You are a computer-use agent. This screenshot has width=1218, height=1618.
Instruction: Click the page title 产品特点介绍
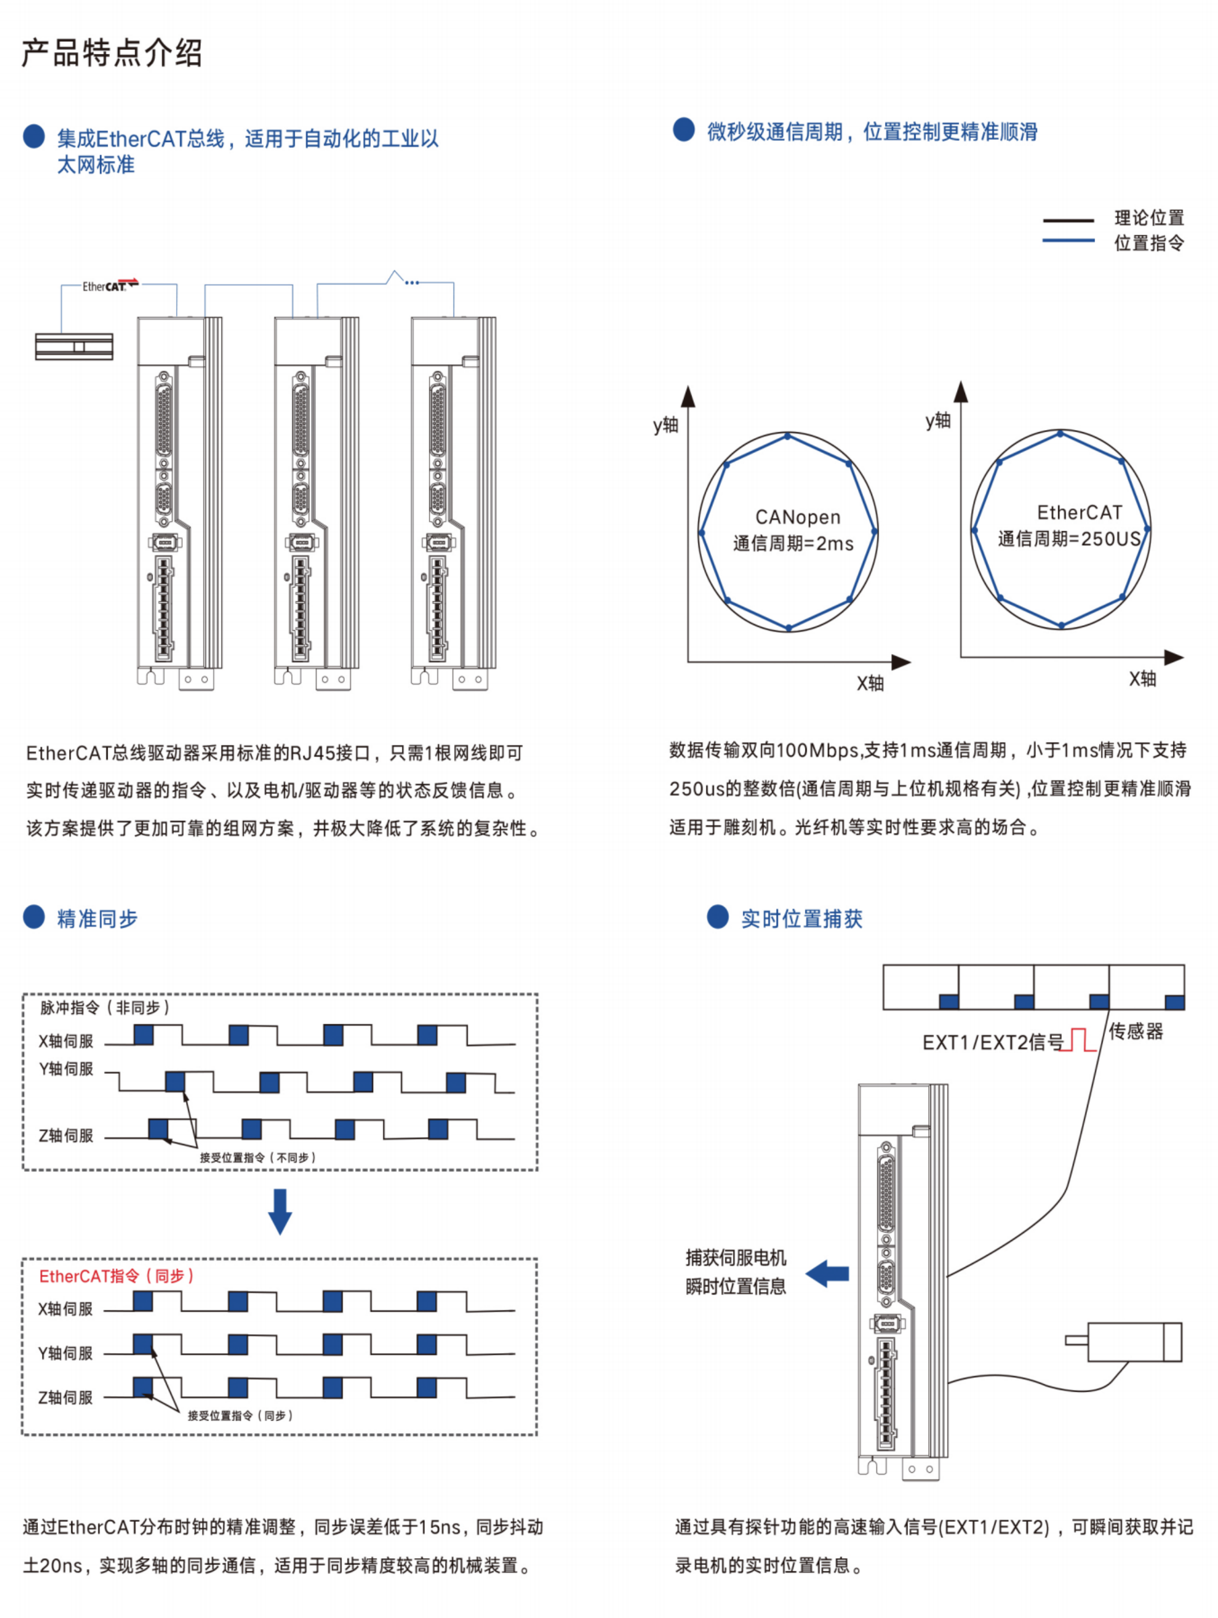(x=111, y=53)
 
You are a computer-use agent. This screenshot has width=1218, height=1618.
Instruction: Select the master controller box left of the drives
(x=74, y=346)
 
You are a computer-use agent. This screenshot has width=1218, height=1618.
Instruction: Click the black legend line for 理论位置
(x=1067, y=220)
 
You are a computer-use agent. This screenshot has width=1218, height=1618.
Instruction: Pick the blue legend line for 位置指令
(x=1067, y=240)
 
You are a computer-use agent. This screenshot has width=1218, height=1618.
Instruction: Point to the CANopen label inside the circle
(x=797, y=517)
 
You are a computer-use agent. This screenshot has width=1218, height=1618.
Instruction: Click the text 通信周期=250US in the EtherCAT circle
(x=1069, y=539)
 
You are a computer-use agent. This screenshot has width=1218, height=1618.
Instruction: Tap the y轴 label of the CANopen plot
(x=665, y=424)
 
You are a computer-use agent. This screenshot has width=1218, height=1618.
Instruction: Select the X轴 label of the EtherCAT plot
(x=1142, y=679)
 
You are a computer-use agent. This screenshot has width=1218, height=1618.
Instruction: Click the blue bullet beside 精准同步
(x=34, y=917)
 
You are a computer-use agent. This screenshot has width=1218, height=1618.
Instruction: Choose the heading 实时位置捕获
(x=801, y=919)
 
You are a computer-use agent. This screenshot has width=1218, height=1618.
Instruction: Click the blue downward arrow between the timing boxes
(x=279, y=1211)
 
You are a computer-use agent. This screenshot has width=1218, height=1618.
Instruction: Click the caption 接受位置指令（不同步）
(x=258, y=1157)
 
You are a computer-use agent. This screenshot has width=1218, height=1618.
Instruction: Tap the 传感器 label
(x=1135, y=1031)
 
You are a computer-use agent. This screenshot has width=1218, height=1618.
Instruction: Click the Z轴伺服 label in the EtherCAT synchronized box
(x=66, y=1397)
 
